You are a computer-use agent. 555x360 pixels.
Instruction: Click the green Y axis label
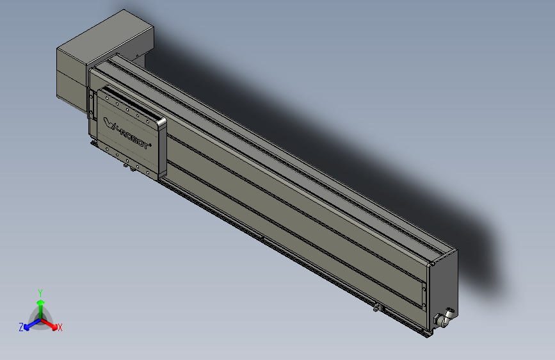point(40,292)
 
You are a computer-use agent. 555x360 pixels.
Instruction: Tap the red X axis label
point(60,328)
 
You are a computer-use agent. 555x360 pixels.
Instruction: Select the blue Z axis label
point(21,327)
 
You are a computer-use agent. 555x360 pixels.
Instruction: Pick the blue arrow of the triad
point(29,324)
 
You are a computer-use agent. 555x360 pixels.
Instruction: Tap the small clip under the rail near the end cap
point(378,309)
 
